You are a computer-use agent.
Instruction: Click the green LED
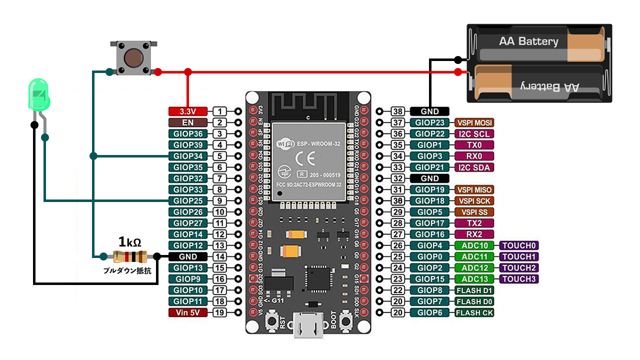click(x=39, y=95)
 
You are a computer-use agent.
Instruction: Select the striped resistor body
click(x=129, y=257)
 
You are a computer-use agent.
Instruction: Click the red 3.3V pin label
click(x=187, y=111)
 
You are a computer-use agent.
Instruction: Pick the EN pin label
click(x=187, y=122)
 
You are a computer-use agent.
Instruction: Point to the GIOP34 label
click(x=187, y=156)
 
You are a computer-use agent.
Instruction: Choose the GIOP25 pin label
click(x=187, y=201)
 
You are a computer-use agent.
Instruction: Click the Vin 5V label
click(x=187, y=313)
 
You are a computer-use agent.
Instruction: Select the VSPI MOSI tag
click(x=474, y=122)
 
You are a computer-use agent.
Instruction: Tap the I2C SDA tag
click(x=474, y=167)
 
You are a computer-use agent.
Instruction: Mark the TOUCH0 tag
click(x=519, y=245)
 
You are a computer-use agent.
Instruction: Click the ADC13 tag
click(x=474, y=279)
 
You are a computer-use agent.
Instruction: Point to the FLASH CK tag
click(x=474, y=313)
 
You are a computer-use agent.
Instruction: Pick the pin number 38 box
click(x=397, y=111)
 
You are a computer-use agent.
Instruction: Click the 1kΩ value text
click(x=129, y=242)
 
